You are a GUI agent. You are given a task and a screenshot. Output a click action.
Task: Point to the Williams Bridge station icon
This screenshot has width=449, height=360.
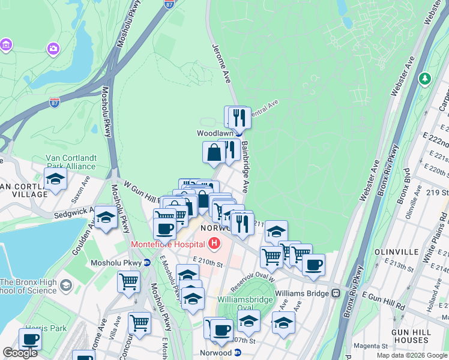(x=336, y=293)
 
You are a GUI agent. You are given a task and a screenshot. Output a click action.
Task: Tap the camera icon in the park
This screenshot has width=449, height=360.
(x=53, y=48)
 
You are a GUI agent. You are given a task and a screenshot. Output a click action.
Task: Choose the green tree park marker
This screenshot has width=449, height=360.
(x=425, y=79)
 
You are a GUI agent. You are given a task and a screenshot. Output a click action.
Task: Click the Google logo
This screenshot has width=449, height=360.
(x=20, y=353)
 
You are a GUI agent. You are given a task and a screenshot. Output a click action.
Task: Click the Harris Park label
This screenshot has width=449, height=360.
(x=37, y=329)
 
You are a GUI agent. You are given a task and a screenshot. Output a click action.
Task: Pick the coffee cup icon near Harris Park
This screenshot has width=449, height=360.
(x=30, y=339)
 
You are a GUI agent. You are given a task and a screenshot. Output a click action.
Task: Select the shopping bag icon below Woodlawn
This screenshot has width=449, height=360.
(x=214, y=153)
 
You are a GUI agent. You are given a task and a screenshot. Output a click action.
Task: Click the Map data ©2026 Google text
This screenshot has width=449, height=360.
(x=411, y=355)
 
